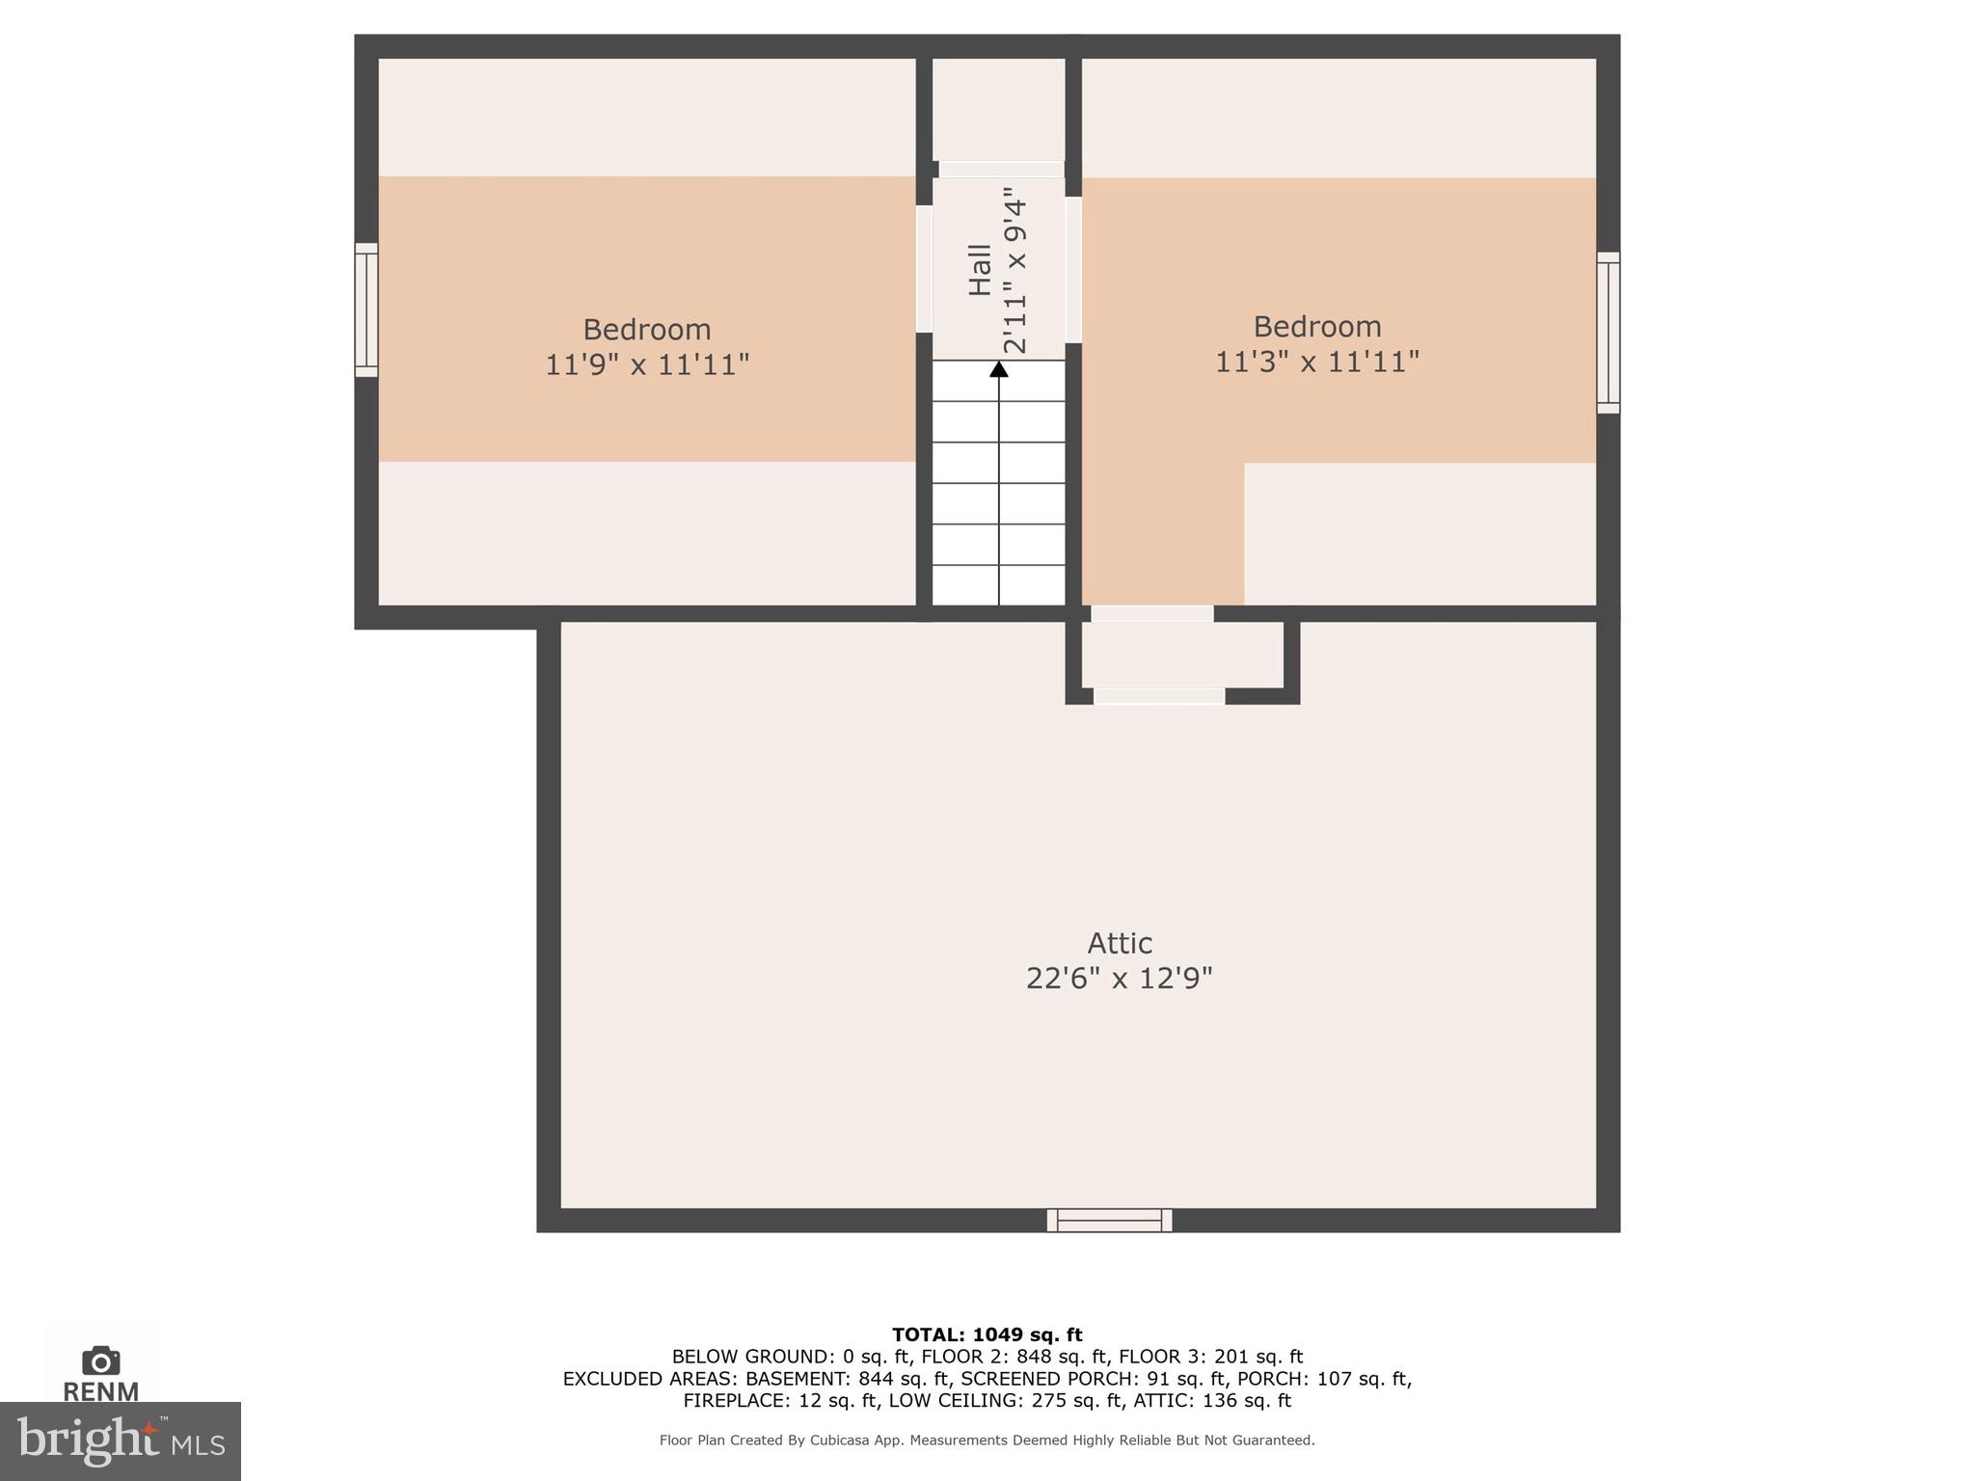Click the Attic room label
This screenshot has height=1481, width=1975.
(1120, 942)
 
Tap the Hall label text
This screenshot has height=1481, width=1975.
(980, 270)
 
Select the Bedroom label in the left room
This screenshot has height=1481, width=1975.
(647, 330)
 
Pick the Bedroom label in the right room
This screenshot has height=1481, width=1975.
(1317, 326)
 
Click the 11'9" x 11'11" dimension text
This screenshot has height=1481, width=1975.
(647, 365)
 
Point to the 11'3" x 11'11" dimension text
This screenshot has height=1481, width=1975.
(1317, 362)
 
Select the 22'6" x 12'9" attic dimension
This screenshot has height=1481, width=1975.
(1119, 979)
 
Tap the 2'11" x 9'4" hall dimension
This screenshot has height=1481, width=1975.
(1015, 277)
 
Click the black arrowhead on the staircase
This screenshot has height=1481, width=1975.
(999, 369)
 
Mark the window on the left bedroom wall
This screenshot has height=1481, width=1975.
(366, 310)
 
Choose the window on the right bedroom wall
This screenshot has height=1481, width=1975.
(1609, 333)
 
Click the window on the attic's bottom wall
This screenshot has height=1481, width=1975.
(1110, 1221)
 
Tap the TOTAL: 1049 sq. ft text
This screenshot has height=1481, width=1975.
(987, 1335)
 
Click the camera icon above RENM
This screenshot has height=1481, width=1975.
(101, 1361)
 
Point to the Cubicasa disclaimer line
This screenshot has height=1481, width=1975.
(987, 1441)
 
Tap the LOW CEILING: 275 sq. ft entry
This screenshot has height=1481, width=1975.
(1006, 1401)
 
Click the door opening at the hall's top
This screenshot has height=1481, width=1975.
(1002, 170)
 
